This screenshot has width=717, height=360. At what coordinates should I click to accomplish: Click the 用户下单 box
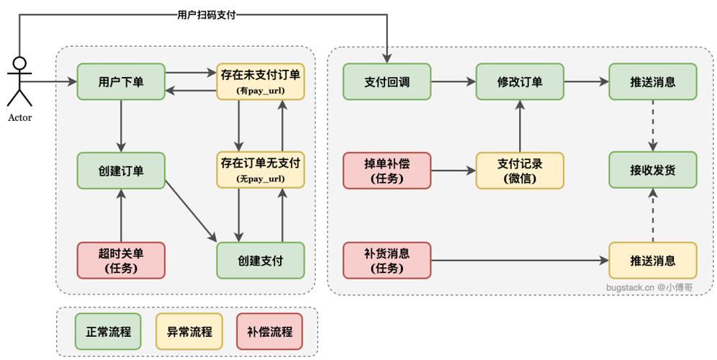click(x=121, y=81)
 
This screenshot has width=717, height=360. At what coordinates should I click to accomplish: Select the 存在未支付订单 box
click(x=260, y=81)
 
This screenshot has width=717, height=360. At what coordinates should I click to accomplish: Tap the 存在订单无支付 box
click(x=260, y=170)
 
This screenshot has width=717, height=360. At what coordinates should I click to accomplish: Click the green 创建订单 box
click(x=121, y=171)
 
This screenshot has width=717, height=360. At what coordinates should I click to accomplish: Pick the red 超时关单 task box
click(x=121, y=260)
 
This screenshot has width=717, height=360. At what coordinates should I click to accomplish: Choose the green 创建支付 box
click(x=260, y=260)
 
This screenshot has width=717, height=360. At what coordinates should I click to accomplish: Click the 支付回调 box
click(x=387, y=81)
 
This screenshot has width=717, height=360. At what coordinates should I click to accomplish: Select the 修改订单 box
click(x=519, y=81)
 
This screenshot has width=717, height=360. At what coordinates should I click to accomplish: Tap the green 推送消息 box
click(x=652, y=81)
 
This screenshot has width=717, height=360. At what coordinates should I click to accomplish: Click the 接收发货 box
click(x=652, y=170)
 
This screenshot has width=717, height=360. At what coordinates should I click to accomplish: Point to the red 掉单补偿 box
click(x=387, y=171)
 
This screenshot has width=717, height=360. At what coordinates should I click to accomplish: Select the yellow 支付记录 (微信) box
click(x=519, y=171)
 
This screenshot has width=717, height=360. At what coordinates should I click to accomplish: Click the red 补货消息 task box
click(x=387, y=260)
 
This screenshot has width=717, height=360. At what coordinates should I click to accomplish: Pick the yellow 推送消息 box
click(x=652, y=260)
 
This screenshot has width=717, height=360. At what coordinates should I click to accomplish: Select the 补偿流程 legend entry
click(x=269, y=332)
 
